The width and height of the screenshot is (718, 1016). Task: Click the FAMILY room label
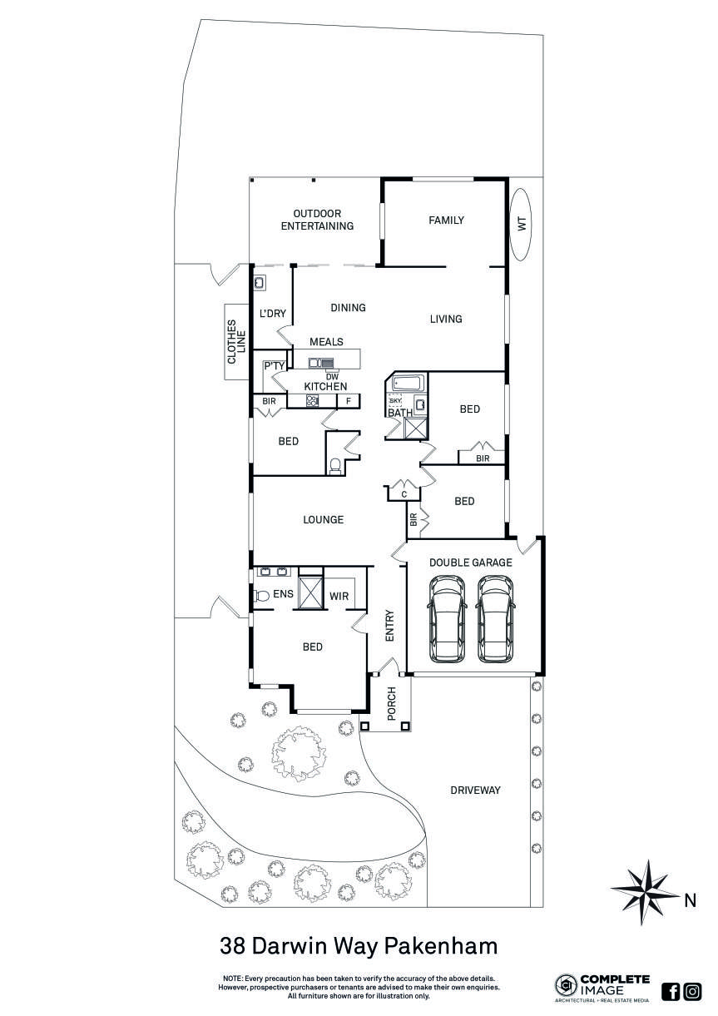446,221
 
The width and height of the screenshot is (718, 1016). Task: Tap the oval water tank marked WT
522,224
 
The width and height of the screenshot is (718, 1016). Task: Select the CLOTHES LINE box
236,341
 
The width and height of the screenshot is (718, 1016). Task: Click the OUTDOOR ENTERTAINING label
317,220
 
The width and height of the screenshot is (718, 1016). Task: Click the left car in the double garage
447,620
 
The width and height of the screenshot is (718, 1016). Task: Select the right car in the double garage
497,620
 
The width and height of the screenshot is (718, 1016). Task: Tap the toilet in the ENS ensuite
261,595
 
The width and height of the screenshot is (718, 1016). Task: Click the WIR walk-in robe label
339,596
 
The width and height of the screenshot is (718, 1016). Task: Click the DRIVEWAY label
475,790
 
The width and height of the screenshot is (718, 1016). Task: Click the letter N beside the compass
690,900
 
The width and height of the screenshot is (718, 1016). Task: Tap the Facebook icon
671,991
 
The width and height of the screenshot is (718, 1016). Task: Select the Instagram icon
692,991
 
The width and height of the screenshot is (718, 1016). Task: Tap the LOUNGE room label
323,520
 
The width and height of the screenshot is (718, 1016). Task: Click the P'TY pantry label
274,365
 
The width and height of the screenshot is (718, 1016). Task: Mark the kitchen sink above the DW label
321,363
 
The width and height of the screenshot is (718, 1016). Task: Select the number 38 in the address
233,946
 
